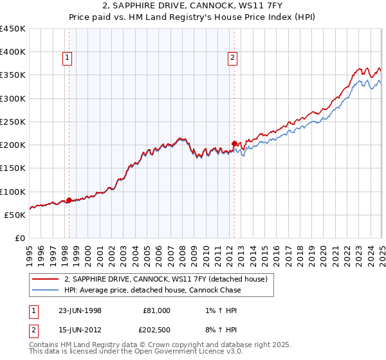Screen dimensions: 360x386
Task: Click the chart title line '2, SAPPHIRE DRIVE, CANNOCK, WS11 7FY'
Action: pyautogui.click(x=192, y=7)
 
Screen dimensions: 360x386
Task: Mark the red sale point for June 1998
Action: pyautogui.click(x=69, y=200)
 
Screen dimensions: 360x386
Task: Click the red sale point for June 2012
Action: pyautogui.click(x=234, y=144)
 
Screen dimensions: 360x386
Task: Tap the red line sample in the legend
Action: pyautogui.click(x=45, y=279)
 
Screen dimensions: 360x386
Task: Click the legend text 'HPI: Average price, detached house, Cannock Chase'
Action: pyautogui.click(x=152, y=290)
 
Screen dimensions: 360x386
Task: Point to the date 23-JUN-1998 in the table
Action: pyautogui.click(x=80, y=310)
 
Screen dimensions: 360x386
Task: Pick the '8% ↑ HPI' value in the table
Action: pyautogui.click(x=217, y=331)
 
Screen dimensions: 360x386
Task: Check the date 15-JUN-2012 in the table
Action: pyautogui.click(x=80, y=331)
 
